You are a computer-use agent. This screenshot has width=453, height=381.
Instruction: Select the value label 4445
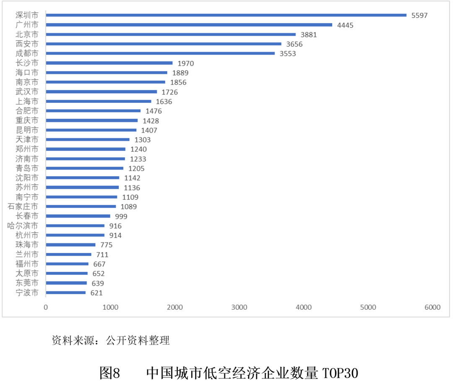point(345,25)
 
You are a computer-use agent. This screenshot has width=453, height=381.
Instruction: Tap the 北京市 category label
point(27,34)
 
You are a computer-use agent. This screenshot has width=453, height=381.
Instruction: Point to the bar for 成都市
point(160,53)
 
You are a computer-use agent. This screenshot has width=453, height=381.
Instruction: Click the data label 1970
point(186,63)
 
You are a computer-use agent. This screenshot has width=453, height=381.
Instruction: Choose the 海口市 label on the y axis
point(27,73)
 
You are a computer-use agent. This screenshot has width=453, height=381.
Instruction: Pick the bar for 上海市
point(98,101)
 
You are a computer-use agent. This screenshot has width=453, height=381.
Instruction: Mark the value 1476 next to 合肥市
point(153,111)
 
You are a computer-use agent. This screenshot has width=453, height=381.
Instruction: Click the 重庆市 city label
point(27,120)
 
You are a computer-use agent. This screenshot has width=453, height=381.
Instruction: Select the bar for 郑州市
point(86,149)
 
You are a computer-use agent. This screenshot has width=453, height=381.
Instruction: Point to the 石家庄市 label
point(23,206)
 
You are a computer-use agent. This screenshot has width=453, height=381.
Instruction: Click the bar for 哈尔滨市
point(75,226)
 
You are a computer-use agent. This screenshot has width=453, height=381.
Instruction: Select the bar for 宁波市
point(65,293)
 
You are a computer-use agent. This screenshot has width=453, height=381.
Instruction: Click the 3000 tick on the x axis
point(239,307)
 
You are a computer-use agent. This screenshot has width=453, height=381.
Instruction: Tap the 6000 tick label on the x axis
point(432,307)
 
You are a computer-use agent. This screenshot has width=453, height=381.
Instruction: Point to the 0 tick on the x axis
point(46,307)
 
